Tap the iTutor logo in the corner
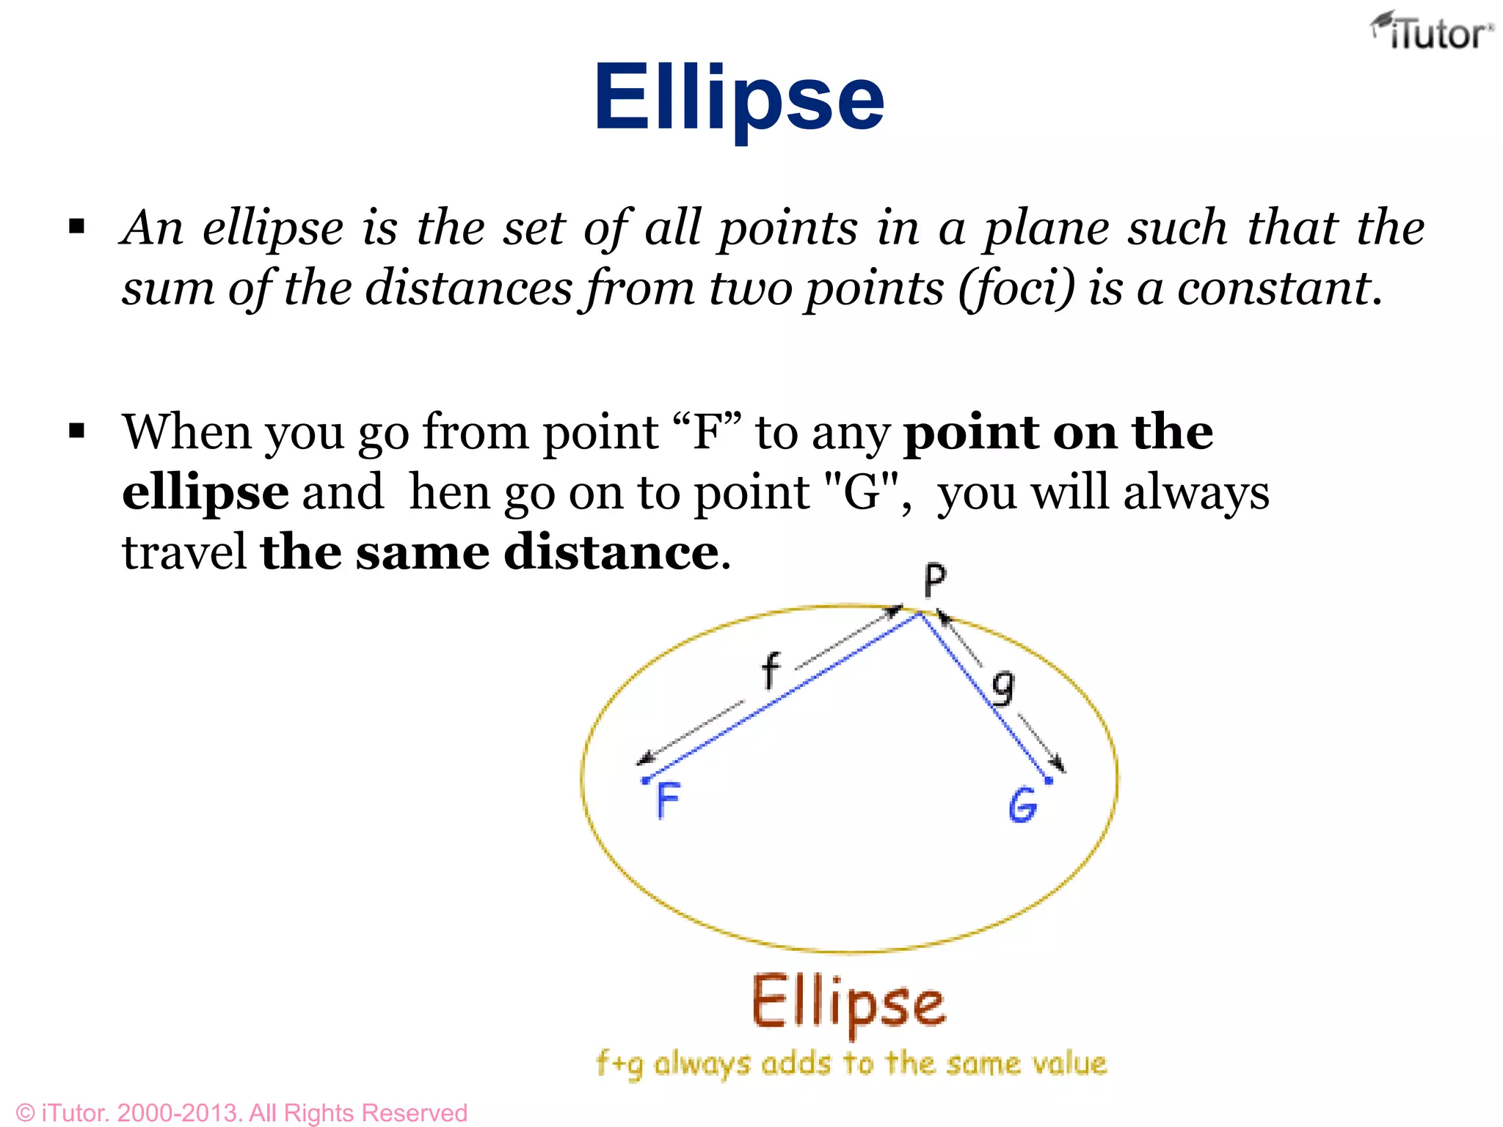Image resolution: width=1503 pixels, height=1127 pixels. click(x=1431, y=33)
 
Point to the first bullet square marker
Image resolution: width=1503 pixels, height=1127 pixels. click(x=77, y=227)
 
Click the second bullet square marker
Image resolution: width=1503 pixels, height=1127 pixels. click(x=77, y=431)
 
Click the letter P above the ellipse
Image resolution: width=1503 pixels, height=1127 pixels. click(x=934, y=581)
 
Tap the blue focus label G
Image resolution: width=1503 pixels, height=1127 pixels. click(x=1022, y=805)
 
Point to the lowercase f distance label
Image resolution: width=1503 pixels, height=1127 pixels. click(x=770, y=671)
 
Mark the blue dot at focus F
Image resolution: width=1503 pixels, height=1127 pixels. click(x=645, y=780)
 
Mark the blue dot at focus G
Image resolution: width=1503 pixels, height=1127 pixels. click(x=1049, y=781)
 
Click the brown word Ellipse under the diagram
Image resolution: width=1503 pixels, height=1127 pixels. click(x=848, y=1004)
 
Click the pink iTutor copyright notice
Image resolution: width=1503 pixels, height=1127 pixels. click(x=241, y=1112)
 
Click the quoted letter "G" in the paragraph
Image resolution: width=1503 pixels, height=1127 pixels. click(x=862, y=492)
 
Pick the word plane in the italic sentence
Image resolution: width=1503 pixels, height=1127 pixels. click(x=1045, y=228)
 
